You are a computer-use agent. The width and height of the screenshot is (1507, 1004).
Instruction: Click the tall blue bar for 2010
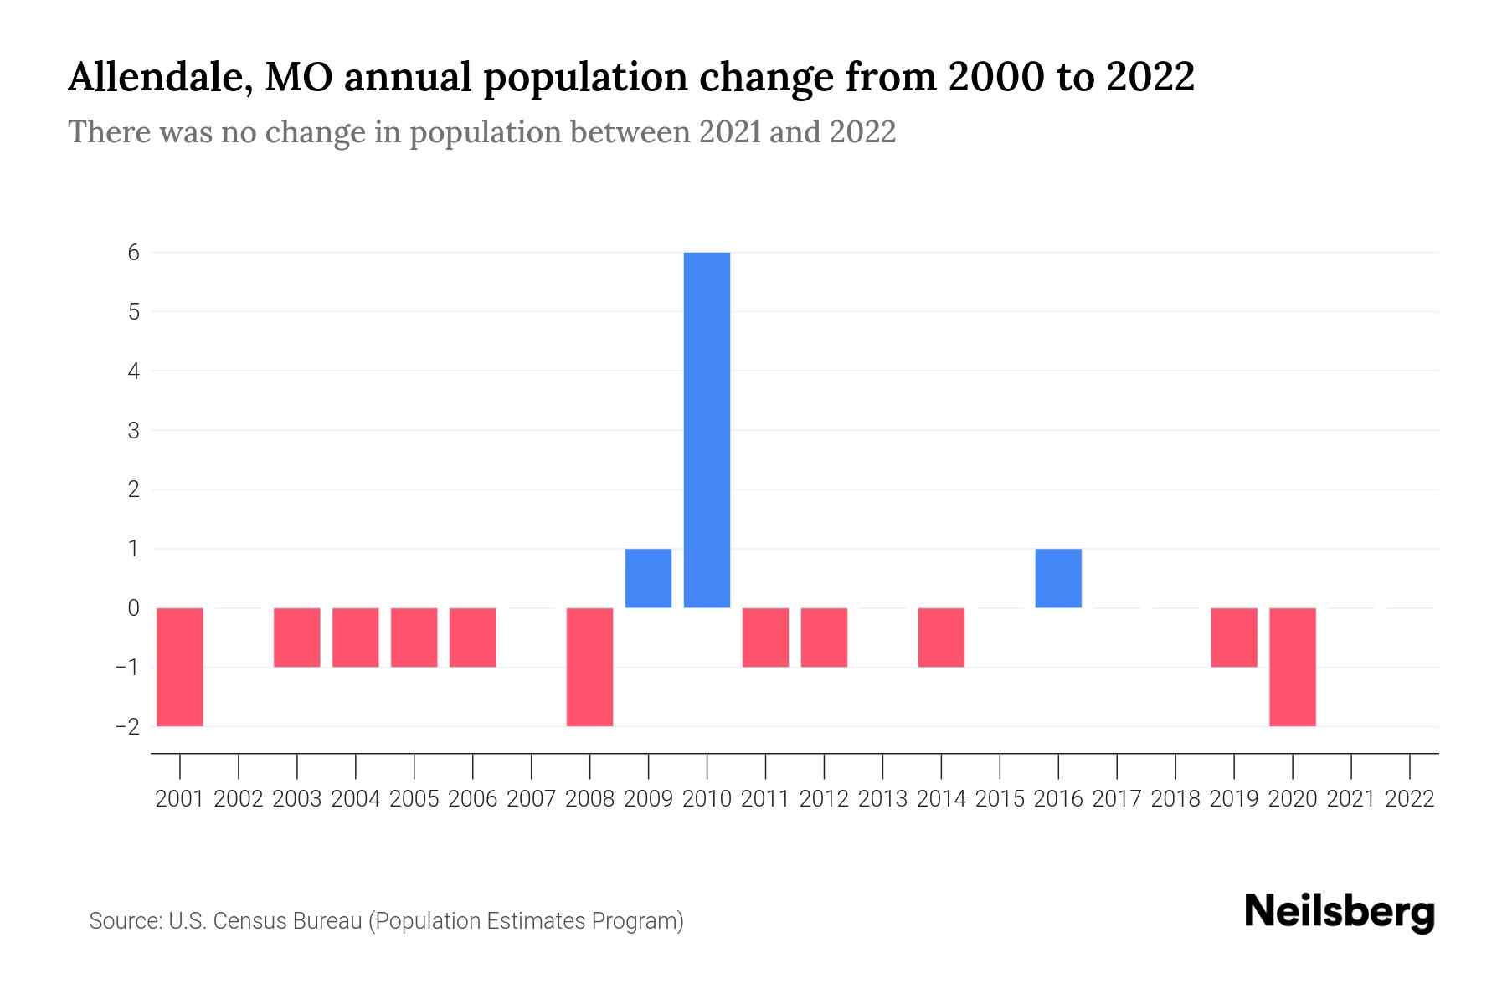point(707,429)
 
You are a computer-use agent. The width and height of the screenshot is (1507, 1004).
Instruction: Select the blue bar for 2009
point(648,578)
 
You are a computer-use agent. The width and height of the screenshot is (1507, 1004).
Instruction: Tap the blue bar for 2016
point(1058,578)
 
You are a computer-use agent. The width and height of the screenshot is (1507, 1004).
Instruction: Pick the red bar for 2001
point(180,667)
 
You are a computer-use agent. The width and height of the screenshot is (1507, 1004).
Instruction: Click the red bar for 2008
point(589,667)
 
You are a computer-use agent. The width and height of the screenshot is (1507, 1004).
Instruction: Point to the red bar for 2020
point(1292,667)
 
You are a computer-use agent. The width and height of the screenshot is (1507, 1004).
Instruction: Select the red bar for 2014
point(941,638)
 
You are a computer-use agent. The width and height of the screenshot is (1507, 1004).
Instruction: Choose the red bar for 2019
point(1233,638)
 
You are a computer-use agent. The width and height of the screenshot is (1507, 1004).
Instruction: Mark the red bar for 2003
point(297,638)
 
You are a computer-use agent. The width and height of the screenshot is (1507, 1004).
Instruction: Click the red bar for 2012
point(824,638)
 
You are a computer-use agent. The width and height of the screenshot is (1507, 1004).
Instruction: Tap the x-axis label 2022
point(1410,799)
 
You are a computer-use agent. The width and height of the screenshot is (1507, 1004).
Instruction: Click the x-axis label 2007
point(531,799)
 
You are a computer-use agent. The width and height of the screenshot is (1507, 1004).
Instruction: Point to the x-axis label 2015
point(1000,799)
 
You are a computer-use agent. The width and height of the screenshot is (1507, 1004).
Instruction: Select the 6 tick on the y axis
point(134,252)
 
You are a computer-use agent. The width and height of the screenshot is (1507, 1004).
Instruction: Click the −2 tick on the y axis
point(128,726)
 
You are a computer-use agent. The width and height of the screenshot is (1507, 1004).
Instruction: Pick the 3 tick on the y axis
point(134,430)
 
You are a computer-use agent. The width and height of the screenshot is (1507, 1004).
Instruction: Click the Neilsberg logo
point(1340,913)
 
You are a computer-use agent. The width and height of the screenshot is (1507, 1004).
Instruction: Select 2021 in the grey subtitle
point(729,132)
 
